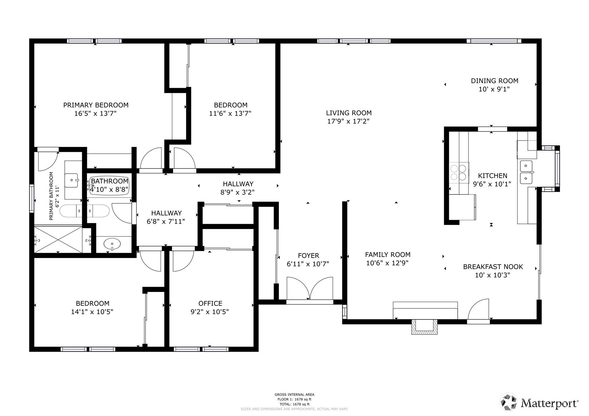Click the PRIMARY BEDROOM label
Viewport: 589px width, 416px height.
(x=96, y=105)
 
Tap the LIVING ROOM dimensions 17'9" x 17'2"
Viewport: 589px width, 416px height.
(x=348, y=121)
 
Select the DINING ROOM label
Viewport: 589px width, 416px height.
(x=494, y=81)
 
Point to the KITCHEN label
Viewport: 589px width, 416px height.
(x=492, y=175)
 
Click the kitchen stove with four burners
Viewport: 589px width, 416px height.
(x=458, y=172)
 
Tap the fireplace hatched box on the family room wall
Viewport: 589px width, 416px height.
(x=424, y=327)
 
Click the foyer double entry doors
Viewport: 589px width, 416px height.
(x=310, y=288)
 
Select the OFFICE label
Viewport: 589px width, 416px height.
(x=210, y=303)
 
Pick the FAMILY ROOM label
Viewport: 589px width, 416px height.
(x=388, y=254)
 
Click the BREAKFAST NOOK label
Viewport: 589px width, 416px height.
(x=493, y=267)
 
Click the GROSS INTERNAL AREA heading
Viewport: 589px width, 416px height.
(x=294, y=395)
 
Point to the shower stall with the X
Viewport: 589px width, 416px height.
(x=58, y=239)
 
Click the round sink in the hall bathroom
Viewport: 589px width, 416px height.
(x=112, y=244)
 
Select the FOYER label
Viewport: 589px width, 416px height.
(x=308, y=256)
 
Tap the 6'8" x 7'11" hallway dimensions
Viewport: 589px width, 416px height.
(x=166, y=222)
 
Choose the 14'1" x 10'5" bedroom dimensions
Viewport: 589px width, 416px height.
(x=92, y=312)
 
